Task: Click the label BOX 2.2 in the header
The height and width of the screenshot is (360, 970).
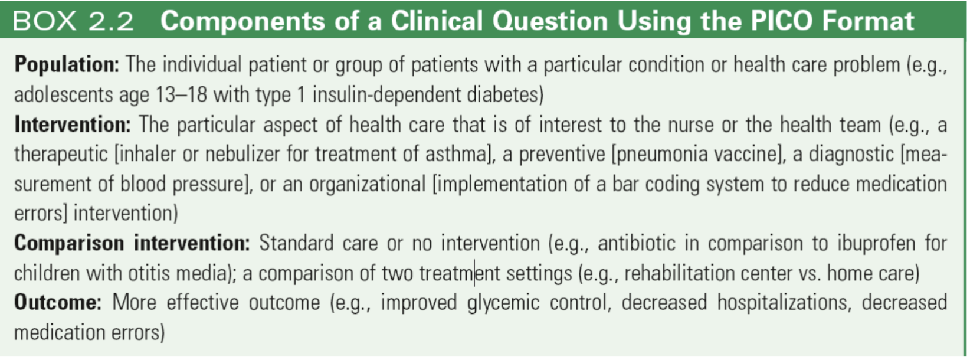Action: click(73, 21)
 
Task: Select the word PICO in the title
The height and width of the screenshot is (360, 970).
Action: click(781, 21)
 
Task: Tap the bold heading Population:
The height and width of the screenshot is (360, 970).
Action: click(67, 65)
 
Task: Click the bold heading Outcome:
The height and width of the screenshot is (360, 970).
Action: click(58, 302)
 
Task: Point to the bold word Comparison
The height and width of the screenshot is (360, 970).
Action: click(69, 244)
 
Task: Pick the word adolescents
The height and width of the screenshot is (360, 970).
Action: click(63, 94)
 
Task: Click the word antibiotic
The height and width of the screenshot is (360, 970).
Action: click(637, 243)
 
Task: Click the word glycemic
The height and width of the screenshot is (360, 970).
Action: click(503, 303)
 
